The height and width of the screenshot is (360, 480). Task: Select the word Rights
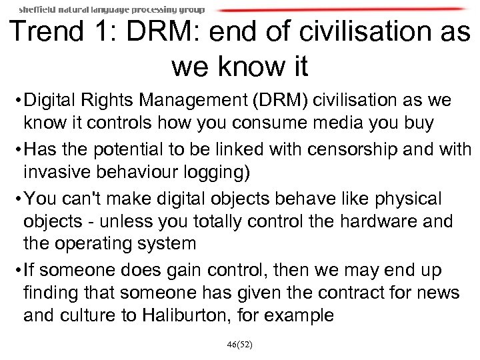click(117, 101)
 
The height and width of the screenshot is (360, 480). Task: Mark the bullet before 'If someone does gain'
click(16, 271)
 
